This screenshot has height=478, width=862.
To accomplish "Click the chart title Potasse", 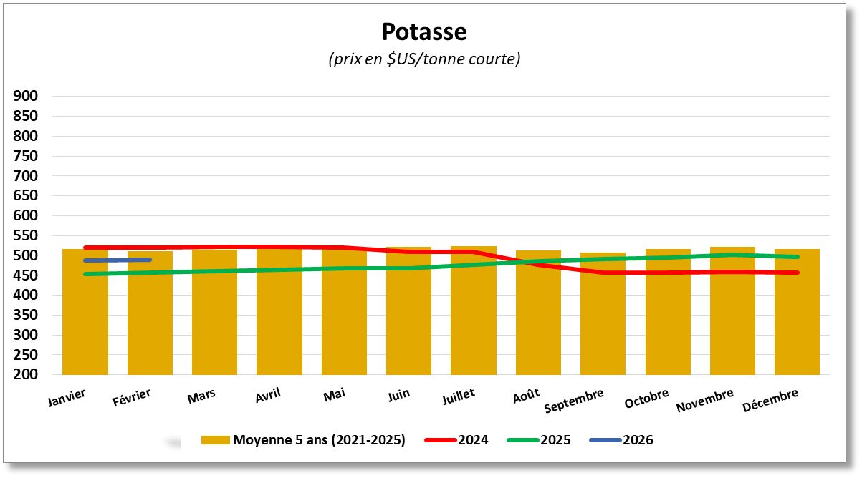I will coord(423,32).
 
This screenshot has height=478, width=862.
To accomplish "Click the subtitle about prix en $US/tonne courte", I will coord(423,59).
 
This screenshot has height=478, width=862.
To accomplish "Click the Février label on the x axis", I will coord(132,396).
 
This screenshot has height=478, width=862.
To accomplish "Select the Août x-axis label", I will coord(527,396).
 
